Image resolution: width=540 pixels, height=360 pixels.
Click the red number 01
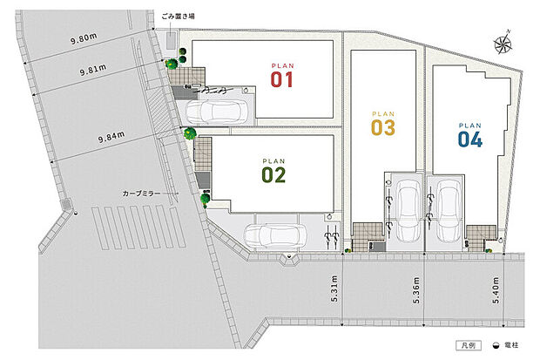[280, 81]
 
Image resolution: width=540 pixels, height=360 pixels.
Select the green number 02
[273, 174]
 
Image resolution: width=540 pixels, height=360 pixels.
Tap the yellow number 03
[383, 128]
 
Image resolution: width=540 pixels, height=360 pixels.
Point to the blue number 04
[469, 139]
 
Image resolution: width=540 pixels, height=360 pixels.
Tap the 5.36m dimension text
[417, 291]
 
